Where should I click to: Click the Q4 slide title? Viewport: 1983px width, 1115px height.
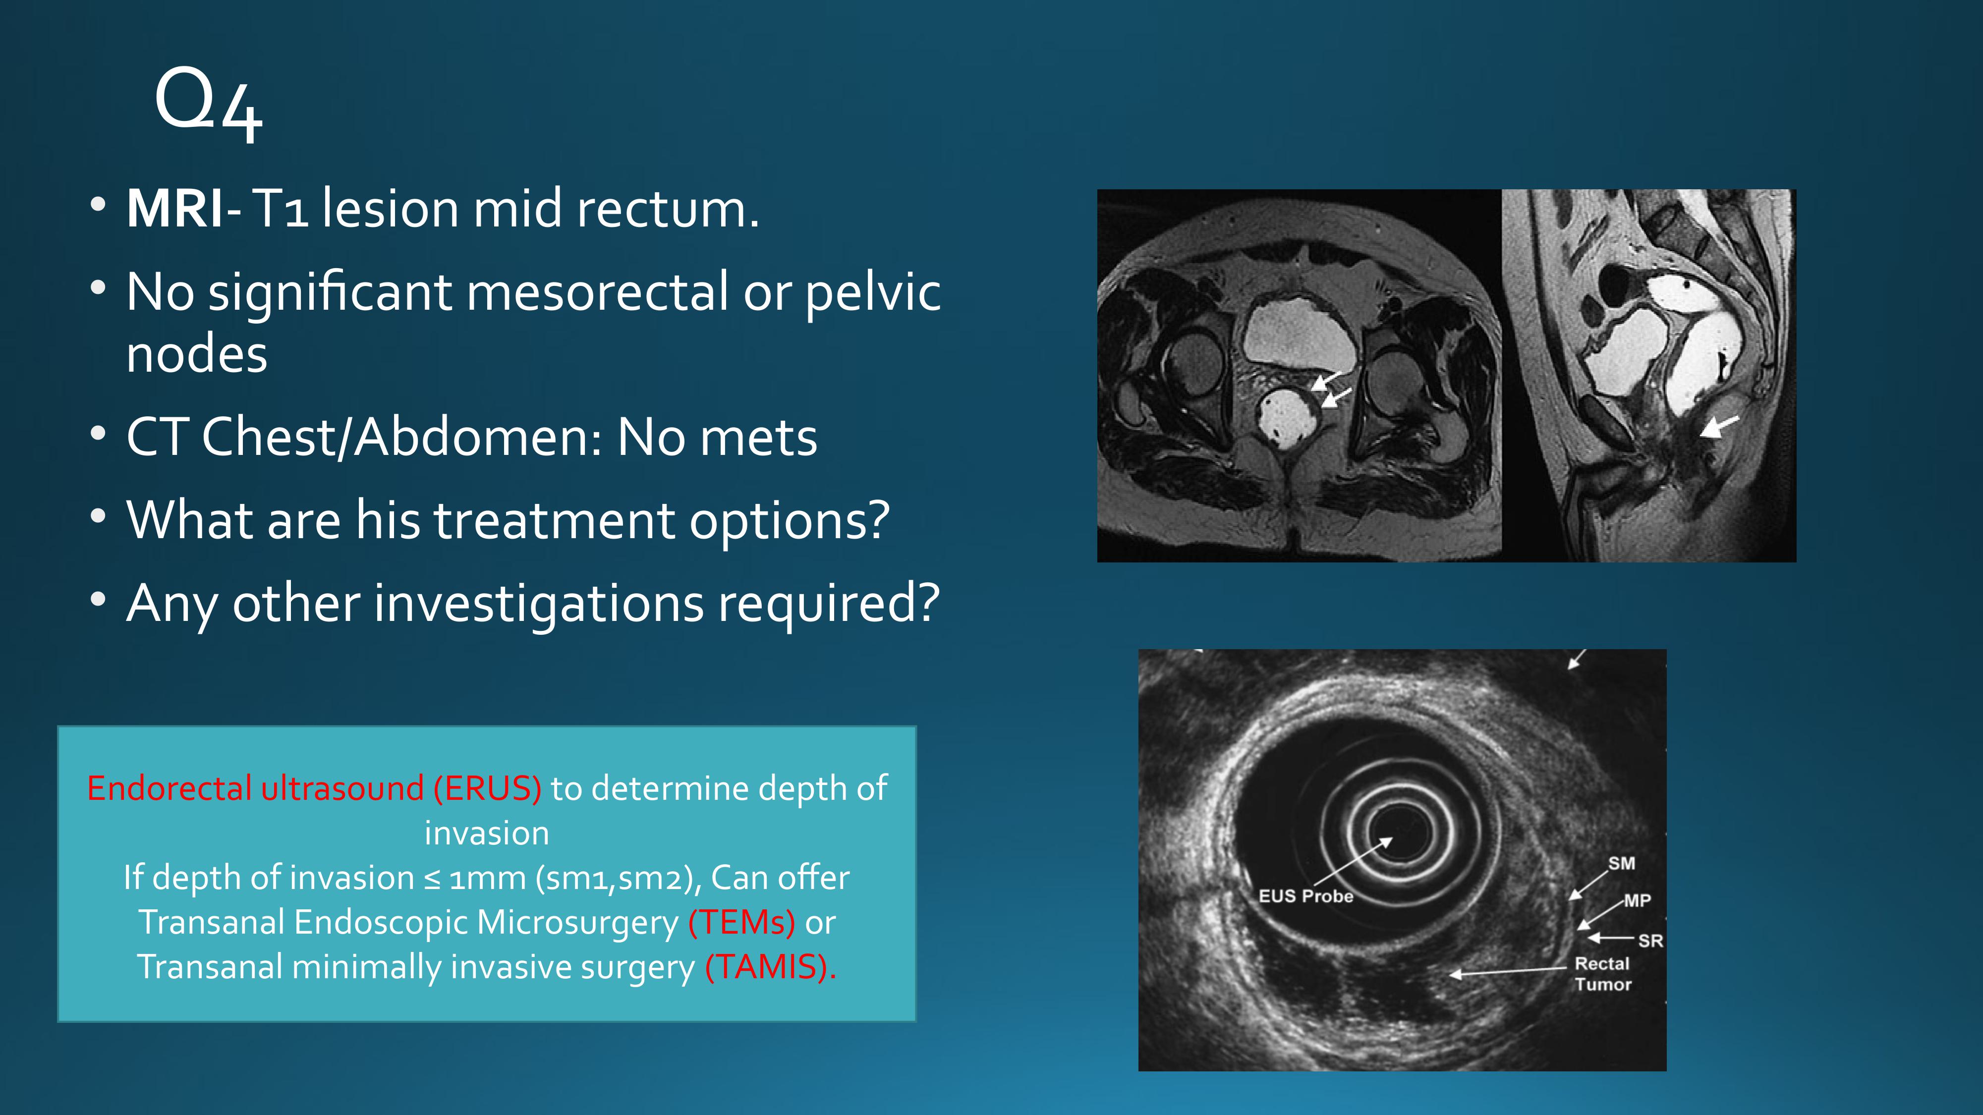pos(209,104)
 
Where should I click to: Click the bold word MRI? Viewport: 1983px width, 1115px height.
pos(175,209)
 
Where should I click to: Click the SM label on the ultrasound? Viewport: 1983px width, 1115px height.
pos(1621,863)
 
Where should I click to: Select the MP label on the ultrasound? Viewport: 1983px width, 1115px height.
pos(1638,900)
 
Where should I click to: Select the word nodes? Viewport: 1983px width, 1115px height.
pos(197,355)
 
